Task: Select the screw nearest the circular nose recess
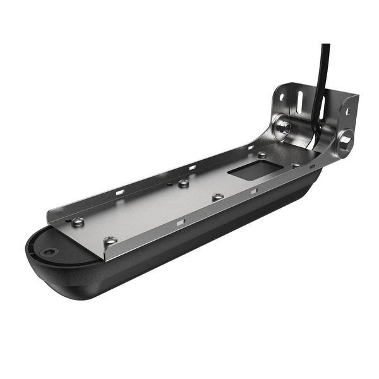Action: pyautogui.click(x=78, y=221)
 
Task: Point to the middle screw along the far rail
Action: pyautogui.click(x=183, y=183)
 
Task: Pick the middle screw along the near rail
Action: pyautogui.click(x=218, y=197)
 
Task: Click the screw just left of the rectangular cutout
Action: pyautogui.click(x=262, y=154)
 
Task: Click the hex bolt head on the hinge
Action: pyautogui.click(x=344, y=140)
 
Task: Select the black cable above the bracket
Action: pyautogui.click(x=325, y=63)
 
